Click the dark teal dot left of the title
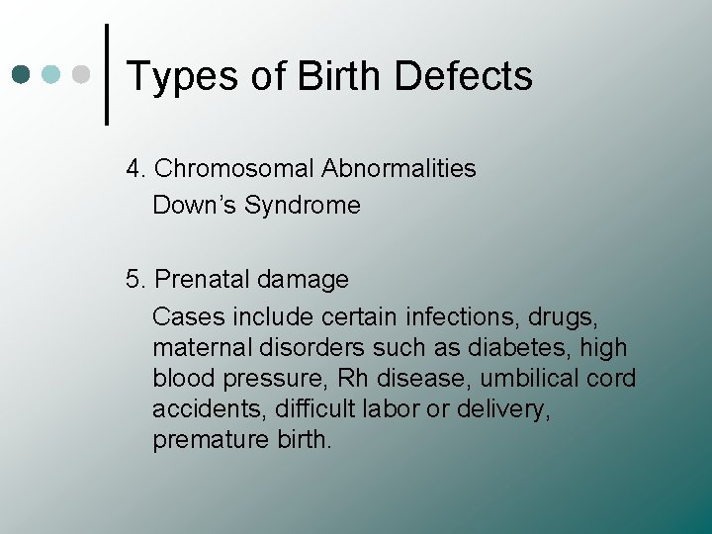[x=22, y=74]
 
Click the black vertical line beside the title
[x=106, y=74]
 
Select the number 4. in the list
[x=136, y=169]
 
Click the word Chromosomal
[x=234, y=169]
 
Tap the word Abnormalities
[x=399, y=169]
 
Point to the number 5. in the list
[x=136, y=280]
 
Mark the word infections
[x=463, y=317]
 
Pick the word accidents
[x=201, y=409]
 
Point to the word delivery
[x=510, y=409]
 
